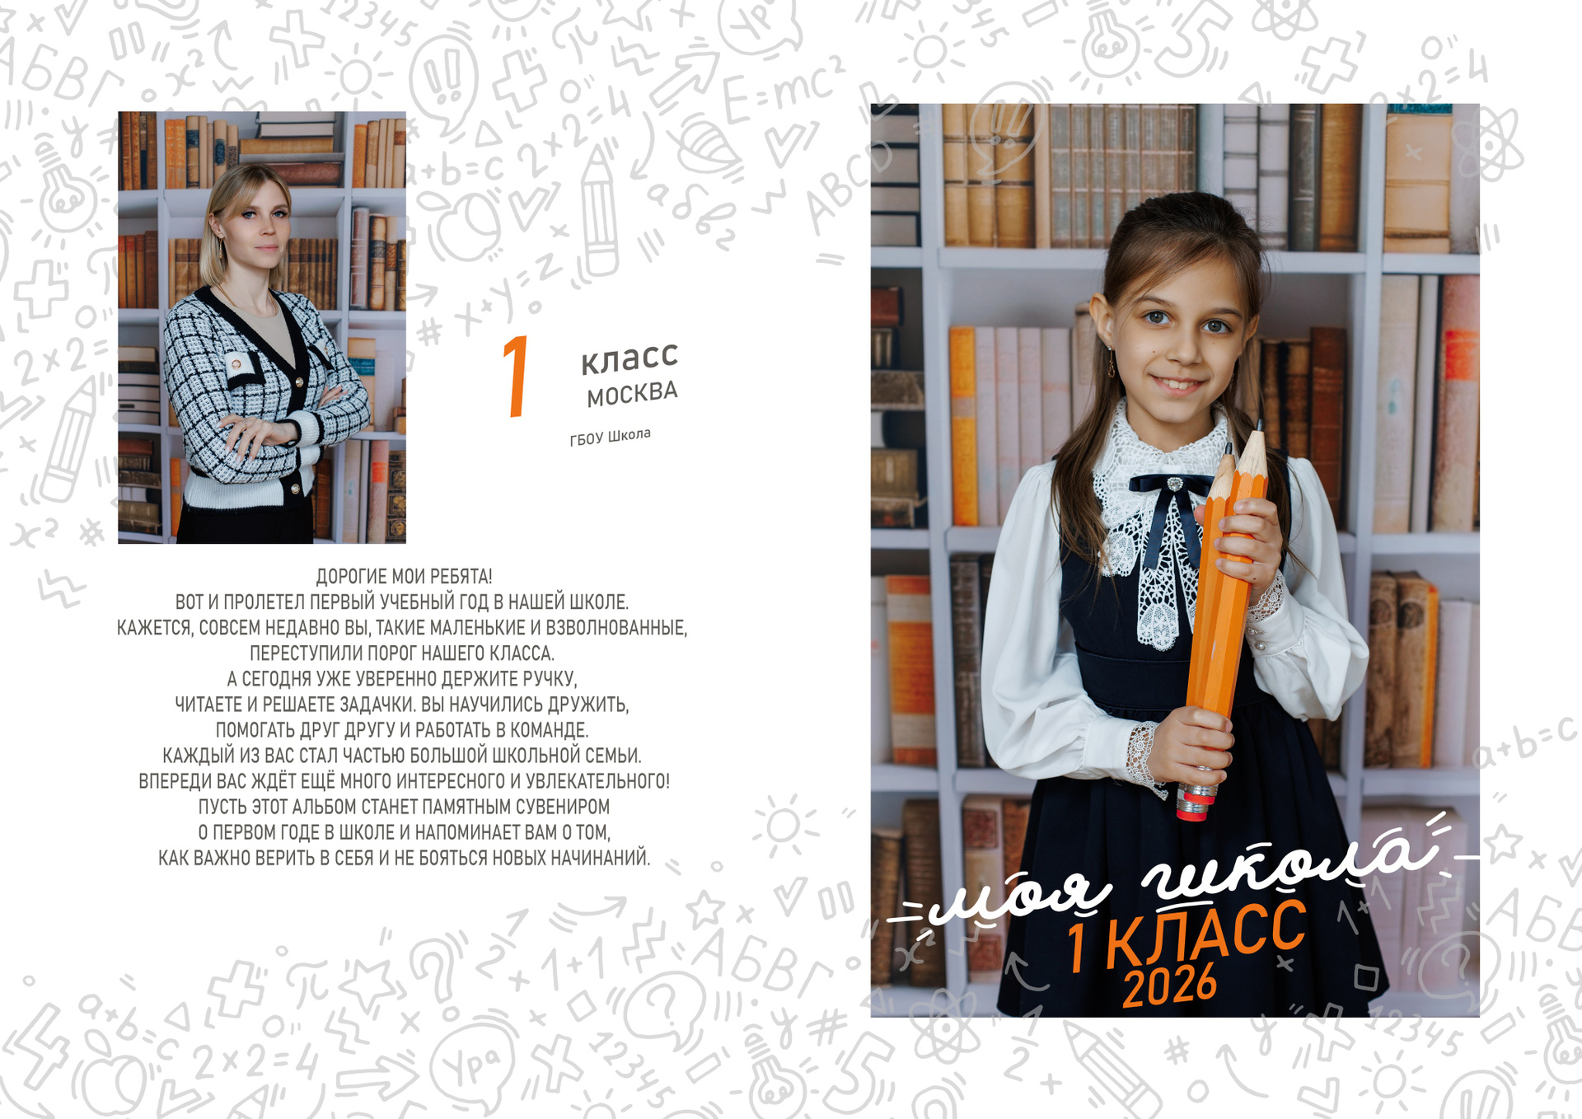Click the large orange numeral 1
tap(517, 376)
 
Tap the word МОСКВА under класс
tap(632, 394)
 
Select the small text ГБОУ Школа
tap(610, 437)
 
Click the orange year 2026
tap(1169, 986)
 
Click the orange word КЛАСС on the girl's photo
tap(1205, 934)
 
